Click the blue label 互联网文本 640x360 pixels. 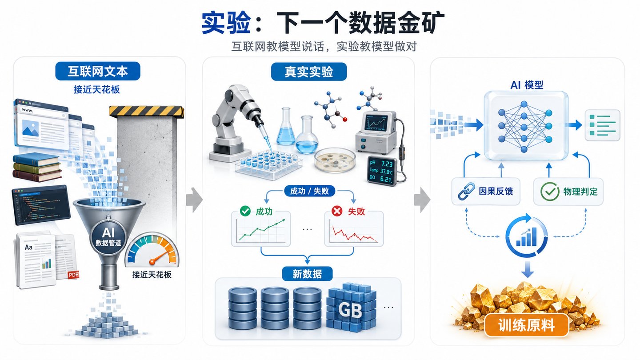tap(98, 71)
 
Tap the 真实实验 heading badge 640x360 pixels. tap(309, 72)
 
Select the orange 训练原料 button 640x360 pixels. tap(526, 325)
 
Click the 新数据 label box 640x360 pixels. tap(307, 274)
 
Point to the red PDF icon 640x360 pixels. tap(73, 275)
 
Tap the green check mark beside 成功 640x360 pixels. tap(245, 211)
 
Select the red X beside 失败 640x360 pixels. tap(337, 211)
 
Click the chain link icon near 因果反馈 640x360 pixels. tap(466, 191)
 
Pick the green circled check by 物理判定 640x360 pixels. tap(550, 191)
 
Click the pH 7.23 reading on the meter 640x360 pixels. tap(381, 164)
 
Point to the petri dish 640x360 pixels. tap(335, 160)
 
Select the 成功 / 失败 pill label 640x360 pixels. tap(309, 191)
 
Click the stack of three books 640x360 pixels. tap(37, 167)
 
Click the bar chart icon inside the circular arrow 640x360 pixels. tap(527, 237)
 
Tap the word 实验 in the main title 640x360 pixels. tap(226, 23)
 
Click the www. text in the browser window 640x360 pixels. tap(28, 110)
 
